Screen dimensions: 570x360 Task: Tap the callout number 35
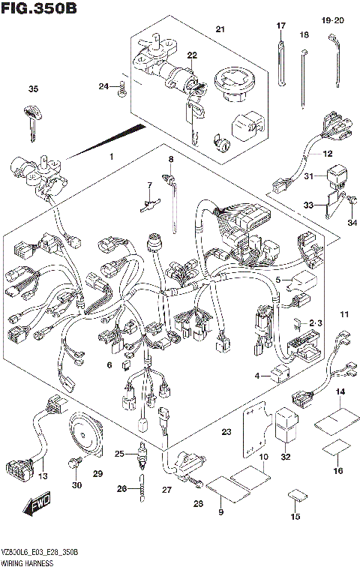32,89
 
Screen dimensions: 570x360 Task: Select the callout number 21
220,29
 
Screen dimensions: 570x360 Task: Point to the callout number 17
281,26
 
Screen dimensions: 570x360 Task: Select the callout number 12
328,154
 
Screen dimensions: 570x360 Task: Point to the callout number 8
170,160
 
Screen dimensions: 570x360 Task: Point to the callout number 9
220,512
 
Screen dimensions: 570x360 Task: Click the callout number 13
43,477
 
